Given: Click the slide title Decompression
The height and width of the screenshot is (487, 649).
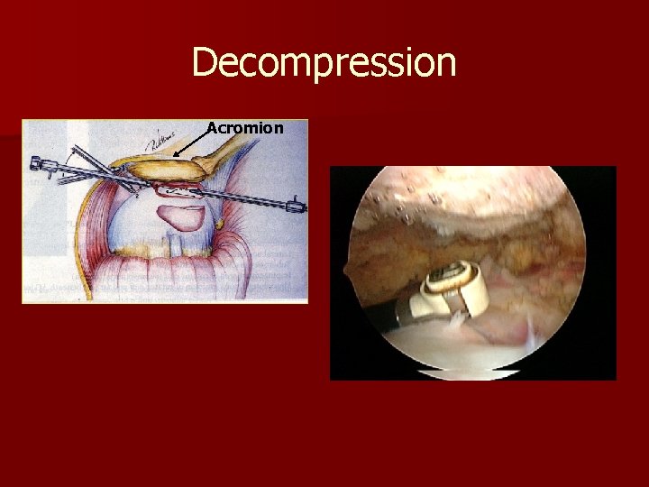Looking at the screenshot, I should coord(324,63).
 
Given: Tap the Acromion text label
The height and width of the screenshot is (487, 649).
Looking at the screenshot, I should coord(244,128).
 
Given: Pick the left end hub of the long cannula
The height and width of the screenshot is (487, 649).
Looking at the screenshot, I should coord(41,164).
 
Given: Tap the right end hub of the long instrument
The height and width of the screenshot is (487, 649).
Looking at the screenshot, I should coord(296,207).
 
